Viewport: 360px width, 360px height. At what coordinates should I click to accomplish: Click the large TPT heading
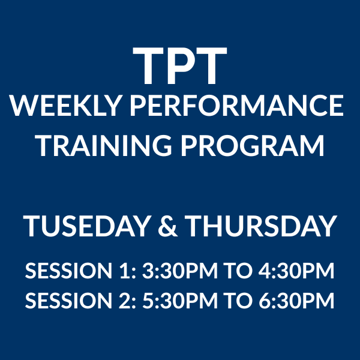[x=180, y=65]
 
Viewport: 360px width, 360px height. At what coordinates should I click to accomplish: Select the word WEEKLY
[x=65, y=106]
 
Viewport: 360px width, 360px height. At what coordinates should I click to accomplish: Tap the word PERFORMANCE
[x=237, y=106]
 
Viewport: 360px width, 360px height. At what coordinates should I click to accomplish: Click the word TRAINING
[x=104, y=146]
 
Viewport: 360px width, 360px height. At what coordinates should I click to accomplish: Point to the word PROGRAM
[x=253, y=146]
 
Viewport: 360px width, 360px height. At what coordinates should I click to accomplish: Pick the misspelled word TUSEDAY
[x=87, y=226]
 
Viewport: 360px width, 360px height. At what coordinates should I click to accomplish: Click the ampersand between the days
[x=168, y=226]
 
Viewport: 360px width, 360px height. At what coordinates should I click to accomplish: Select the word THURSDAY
[x=261, y=226]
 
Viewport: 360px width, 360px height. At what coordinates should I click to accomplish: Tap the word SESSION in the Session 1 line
[x=68, y=271]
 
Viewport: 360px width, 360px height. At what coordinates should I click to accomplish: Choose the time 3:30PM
[x=180, y=271]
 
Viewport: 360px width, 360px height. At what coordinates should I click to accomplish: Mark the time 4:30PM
[x=296, y=271]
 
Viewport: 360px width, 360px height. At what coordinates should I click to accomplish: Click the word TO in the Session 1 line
[x=238, y=271]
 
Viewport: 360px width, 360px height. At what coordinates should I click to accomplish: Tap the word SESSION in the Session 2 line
[x=68, y=301]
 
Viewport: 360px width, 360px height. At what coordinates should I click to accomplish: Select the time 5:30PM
[x=180, y=301]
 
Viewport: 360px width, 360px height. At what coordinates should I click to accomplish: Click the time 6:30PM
[x=296, y=301]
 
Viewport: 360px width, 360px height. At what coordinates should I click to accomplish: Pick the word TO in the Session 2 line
[x=238, y=301]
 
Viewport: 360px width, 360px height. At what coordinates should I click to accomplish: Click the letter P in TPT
[x=180, y=65]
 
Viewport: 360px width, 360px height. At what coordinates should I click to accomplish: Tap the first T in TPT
[x=148, y=65]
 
